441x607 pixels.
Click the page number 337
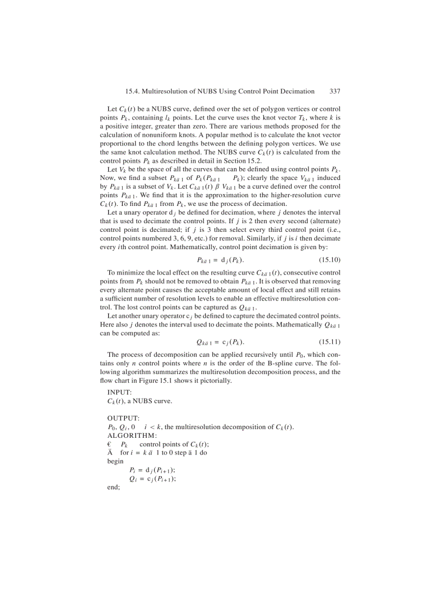pyautogui.click(x=335, y=92)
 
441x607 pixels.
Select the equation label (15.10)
pyautogui.click(x=329, y=260)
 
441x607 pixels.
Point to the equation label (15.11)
pyautogui.click(x=329, y=342)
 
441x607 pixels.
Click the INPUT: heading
pyautogui.click(x=119, y=392)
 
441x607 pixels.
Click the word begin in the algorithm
pyautogui.click(x=115, y=461)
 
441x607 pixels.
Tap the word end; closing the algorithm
pyautogui.click(x=113, y=487)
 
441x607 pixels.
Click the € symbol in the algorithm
pyautogui.click(x=109, y=444)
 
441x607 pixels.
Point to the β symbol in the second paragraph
pyautogui.click(x=203, y=187)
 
